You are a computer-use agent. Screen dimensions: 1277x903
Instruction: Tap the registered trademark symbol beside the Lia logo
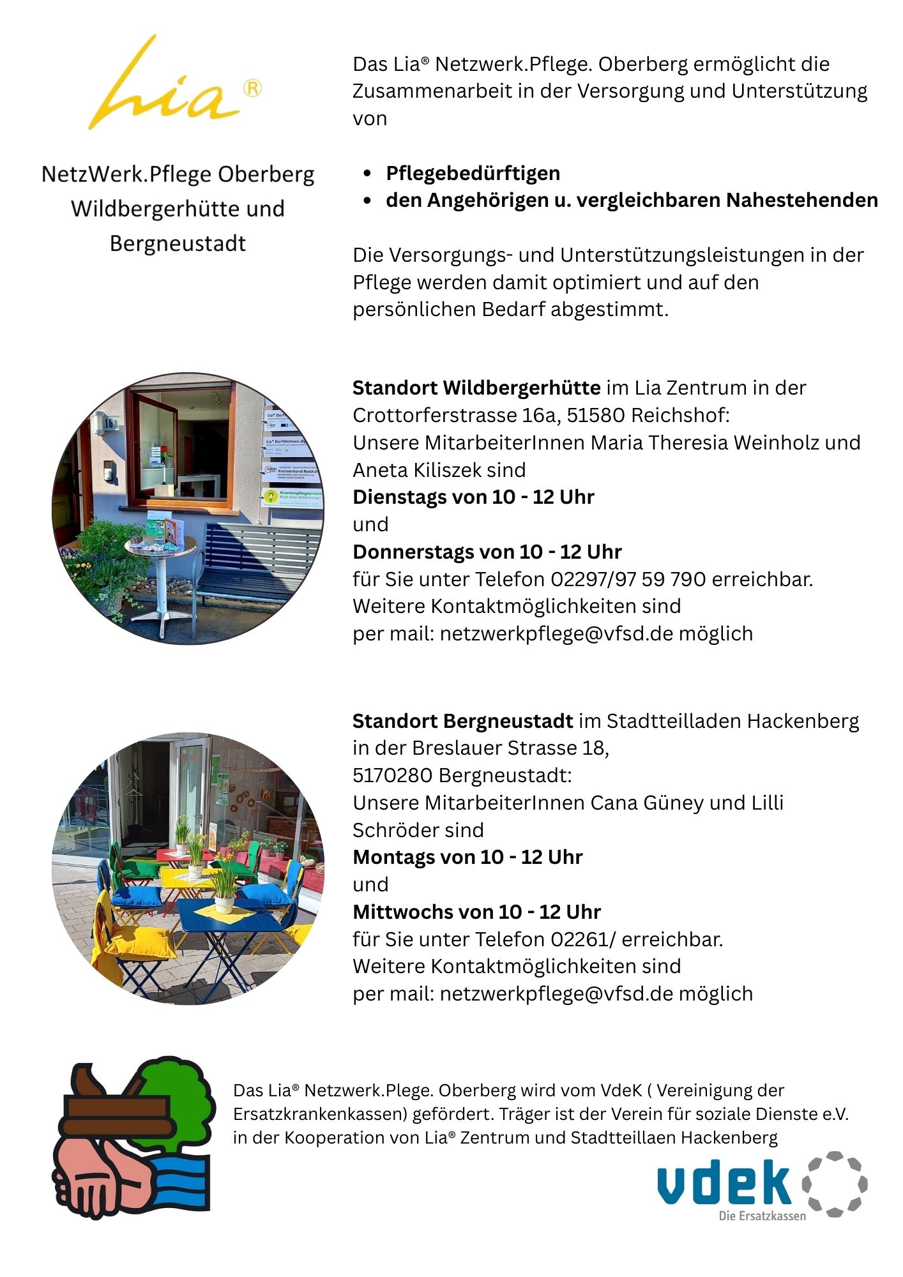[x=253, y=88]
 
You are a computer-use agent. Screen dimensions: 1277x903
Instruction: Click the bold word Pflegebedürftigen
[x=473, y=173]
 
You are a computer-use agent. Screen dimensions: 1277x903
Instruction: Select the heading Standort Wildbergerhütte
[x=476, y=388]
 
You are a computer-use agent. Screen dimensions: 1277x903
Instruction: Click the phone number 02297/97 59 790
[x=628, y=579]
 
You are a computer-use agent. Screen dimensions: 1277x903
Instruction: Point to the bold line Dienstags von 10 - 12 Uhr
[x=473, y=497]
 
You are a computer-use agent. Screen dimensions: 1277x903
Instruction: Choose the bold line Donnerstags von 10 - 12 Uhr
[x=487, y=552]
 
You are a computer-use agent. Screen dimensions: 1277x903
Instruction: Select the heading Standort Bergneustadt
[x=462, y=721]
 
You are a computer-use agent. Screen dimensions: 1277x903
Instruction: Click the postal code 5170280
[x=392, y=775]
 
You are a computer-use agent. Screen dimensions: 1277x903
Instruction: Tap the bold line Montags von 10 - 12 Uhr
[x=467, y=857]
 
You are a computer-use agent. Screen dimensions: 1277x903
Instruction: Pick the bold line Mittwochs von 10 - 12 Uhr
[x=476, y=912]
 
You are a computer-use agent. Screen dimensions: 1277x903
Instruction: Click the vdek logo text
[x=725, y=1183]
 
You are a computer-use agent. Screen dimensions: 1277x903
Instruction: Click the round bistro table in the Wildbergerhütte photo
[x=160, y=546]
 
